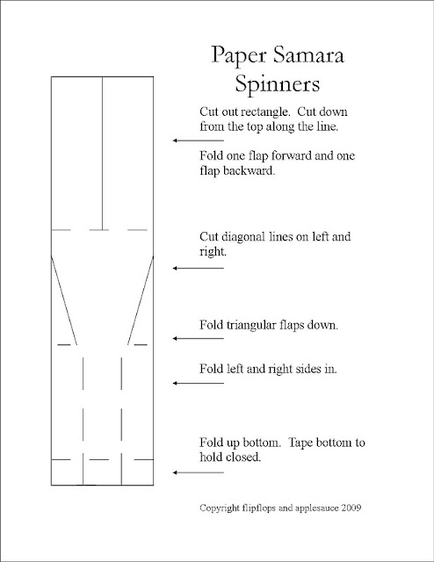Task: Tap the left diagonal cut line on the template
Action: coord(64,299)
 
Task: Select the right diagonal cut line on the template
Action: coord(143,299)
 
